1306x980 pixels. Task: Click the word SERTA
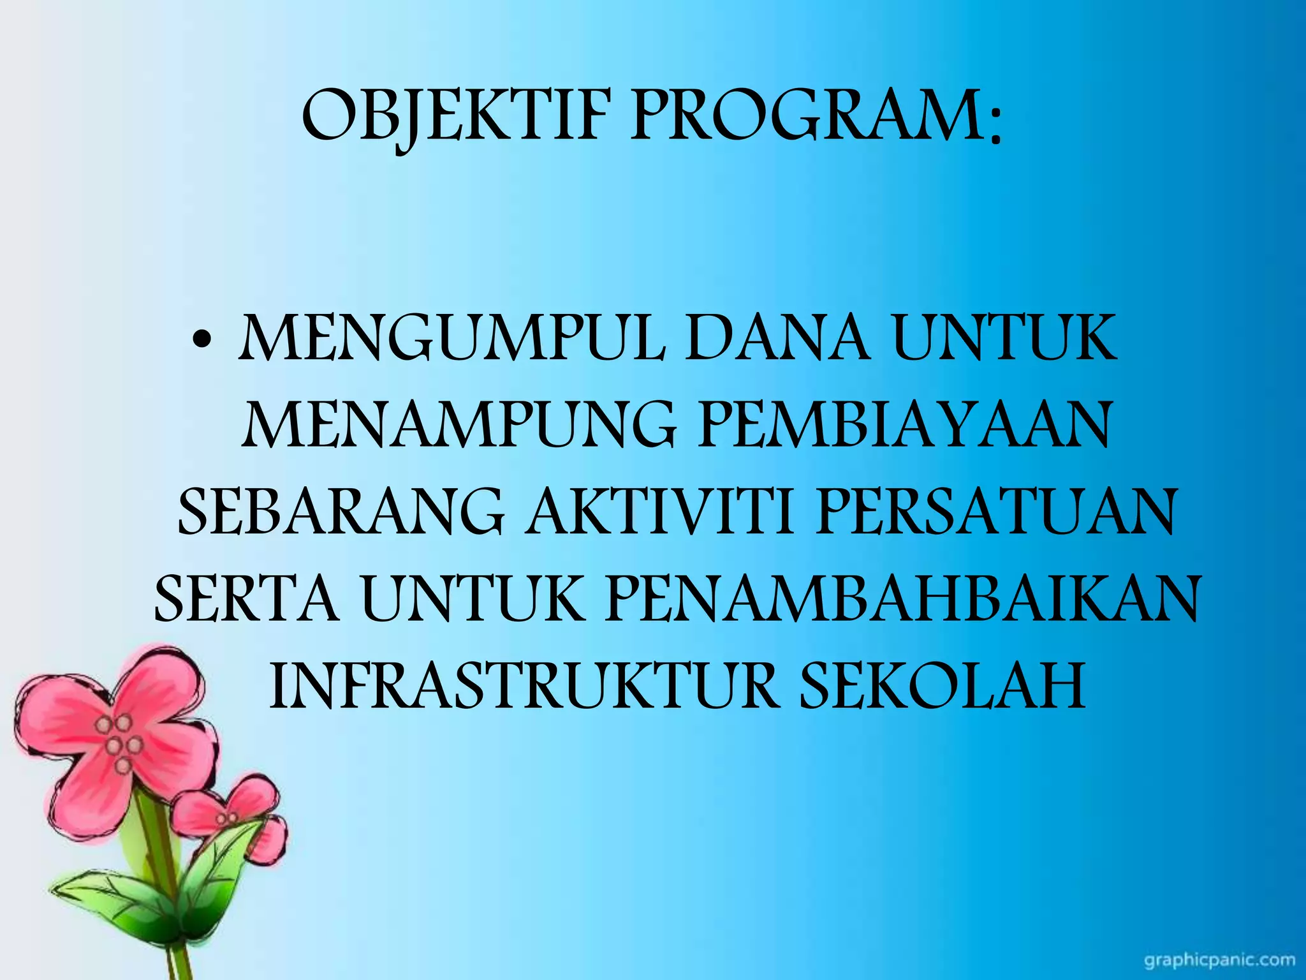(246, 600)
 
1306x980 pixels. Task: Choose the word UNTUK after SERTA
(472, 600)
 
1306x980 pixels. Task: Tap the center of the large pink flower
(119, 743)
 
